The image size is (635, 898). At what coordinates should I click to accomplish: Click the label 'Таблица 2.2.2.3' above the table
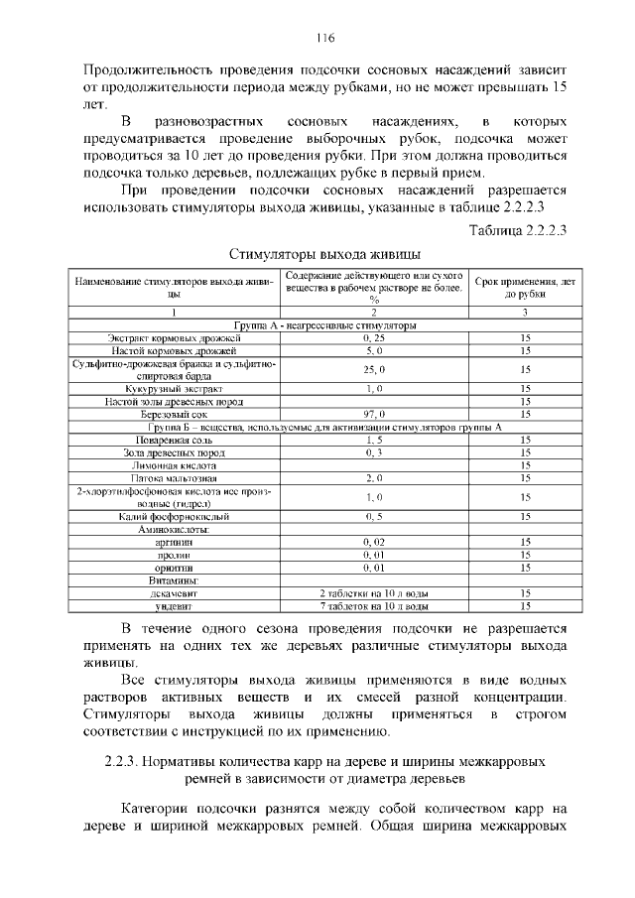click(x=516, y=231)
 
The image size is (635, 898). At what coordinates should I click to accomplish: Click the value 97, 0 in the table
click(x=373, y=414)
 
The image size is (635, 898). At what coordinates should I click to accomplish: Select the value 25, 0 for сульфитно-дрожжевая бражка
click(x=373, y=369)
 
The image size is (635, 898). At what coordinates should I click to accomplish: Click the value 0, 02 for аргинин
click(x=373, y=543)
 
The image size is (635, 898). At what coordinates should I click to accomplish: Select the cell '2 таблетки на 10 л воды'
click(x=373, y=592)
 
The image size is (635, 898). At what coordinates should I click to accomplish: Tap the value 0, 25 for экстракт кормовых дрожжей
click(x=373, y=338)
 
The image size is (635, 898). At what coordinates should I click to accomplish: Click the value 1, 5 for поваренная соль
click(x=373, y=439)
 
